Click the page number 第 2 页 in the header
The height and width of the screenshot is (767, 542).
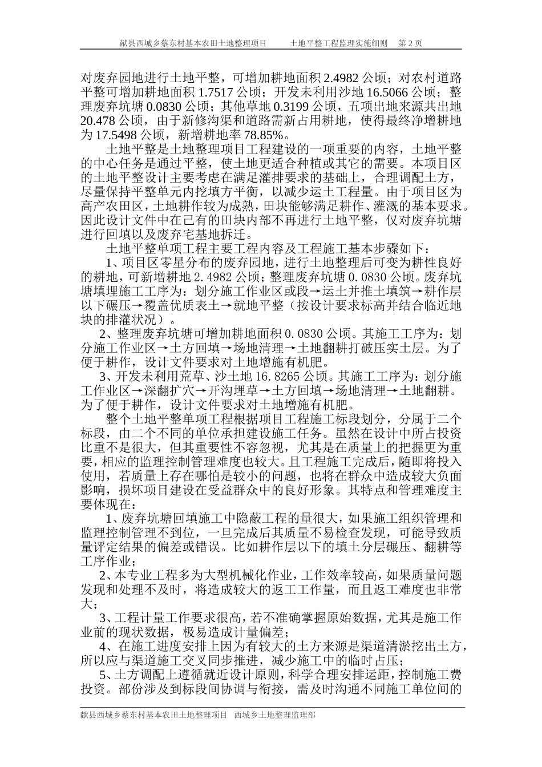click(x=410, y=43)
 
